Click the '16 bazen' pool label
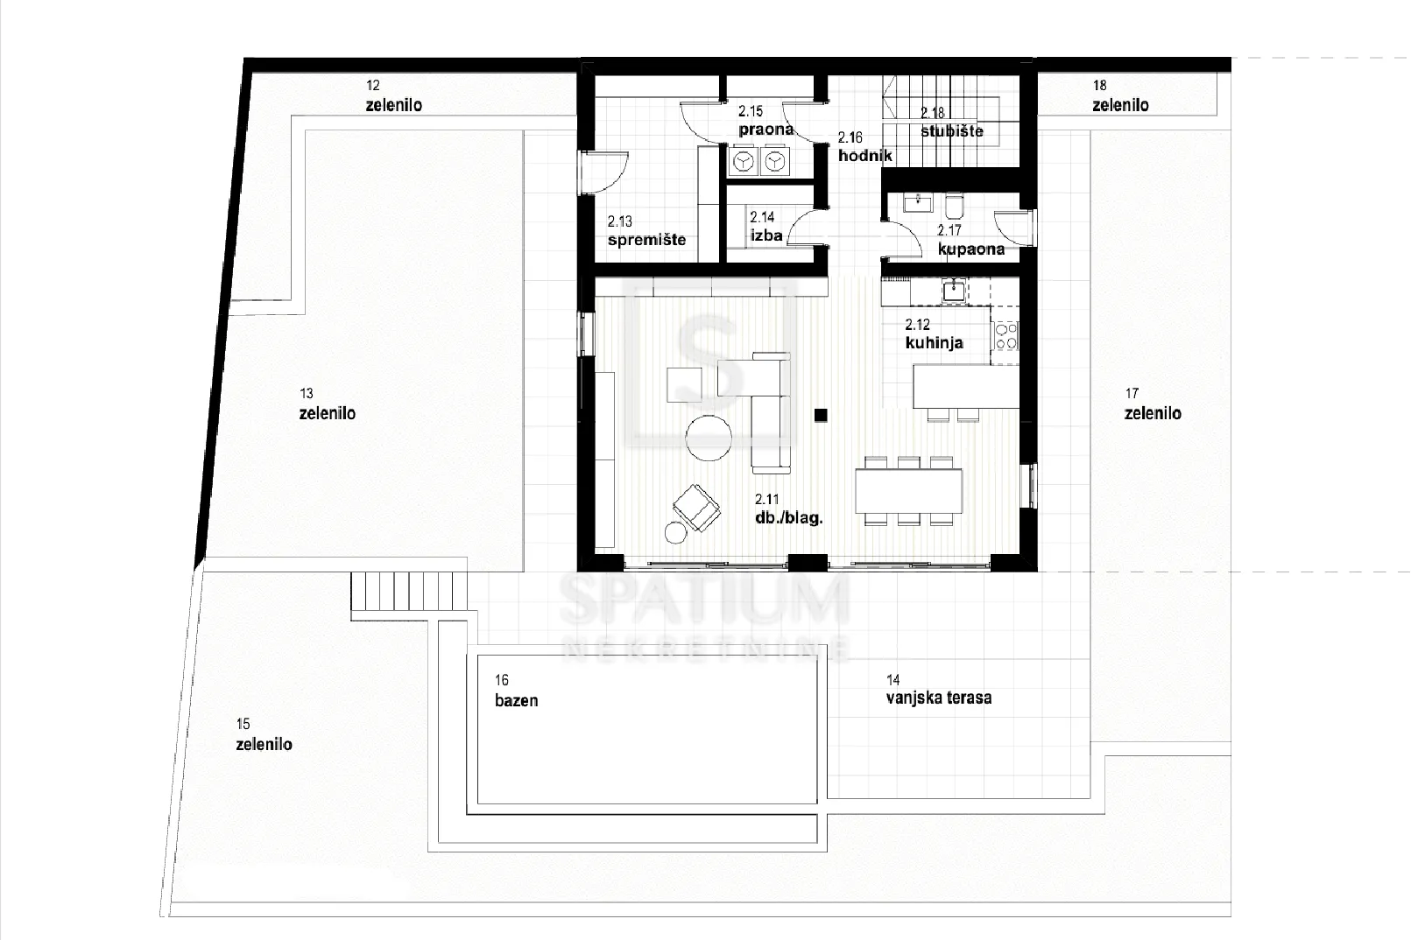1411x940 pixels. pyautogui.click(x=516, y=691)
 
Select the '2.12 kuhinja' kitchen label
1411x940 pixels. pyautogui.click(x=934, y=333)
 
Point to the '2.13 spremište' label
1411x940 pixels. pyautogui.click(x=646, y=230)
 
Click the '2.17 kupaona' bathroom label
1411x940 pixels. pyautogui.click(x=970, y=240)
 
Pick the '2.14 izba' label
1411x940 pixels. pyautogui.click(x=765, y=226)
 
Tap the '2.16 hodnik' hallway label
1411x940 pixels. pyautogui.click(x=864, y=147)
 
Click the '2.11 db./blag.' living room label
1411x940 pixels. pyautogui.click(x=788, y=509)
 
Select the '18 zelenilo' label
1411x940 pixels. pyautogui.click(x=1120, y=95)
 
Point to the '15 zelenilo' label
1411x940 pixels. pyautogui.click(x=264, y=734)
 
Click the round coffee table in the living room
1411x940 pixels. pyautogui.click(x=709, y=438)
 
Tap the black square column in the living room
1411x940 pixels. pyautogui.click(x=820, y=415)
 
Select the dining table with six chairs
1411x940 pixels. pyautogui.click(x=908, y=491)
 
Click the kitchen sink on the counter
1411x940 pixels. pyautogui.click(x=955, y=291)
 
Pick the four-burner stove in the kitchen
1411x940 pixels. pyautogui.click(x=1005, y=335)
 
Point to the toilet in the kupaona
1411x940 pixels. pyautogui.click(x=955, y=206)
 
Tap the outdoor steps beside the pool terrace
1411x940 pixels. pyautogui.click(x=409, y=591)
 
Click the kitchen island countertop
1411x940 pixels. pyautogui.click(x=966, y=386)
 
